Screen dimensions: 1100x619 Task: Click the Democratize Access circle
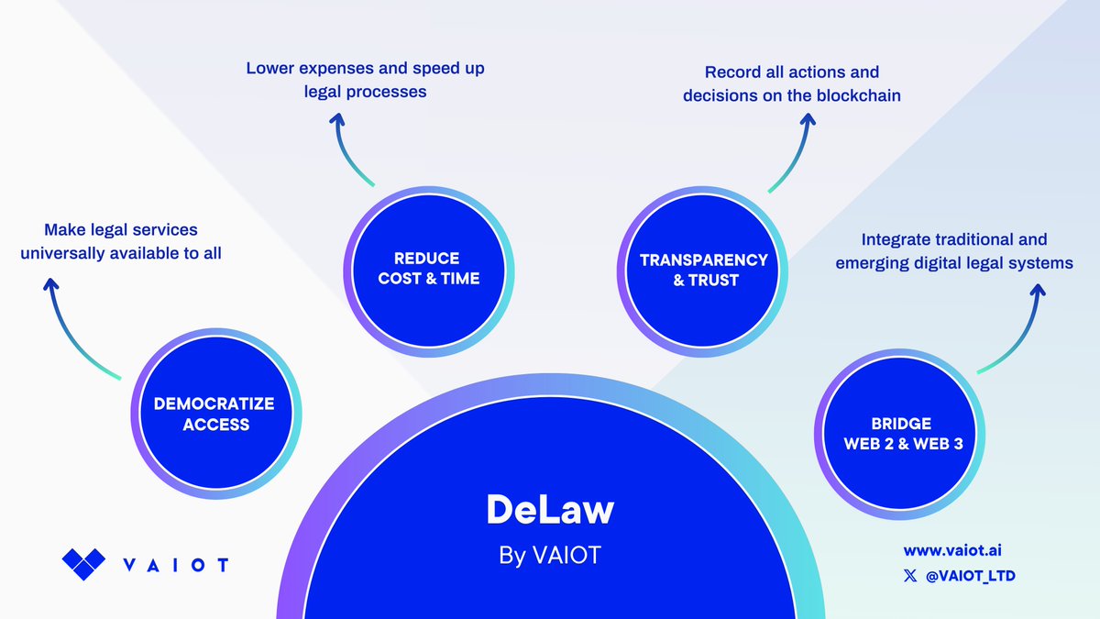click(x=216, y=414)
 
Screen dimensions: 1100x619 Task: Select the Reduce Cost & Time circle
click(x=429, y=271)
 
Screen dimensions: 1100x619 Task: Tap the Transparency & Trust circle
click(x=703, y=271)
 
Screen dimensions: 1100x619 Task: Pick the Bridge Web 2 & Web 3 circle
click(x=899, y=435)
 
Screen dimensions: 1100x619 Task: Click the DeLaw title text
click(x=550, y=510)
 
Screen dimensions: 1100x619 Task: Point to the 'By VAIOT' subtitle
click(x=550, y=556)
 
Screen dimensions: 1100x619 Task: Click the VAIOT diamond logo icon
click(x=83, y=564)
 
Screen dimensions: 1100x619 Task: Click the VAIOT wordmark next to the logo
click(x=176, y=565)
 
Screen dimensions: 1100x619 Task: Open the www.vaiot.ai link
click(x=952, y=551)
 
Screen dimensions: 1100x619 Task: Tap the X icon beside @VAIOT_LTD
click(x=910, y=576)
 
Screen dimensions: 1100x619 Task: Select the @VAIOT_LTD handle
click(x=971, y=576)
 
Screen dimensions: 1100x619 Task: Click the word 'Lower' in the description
click(x=270, y=68)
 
